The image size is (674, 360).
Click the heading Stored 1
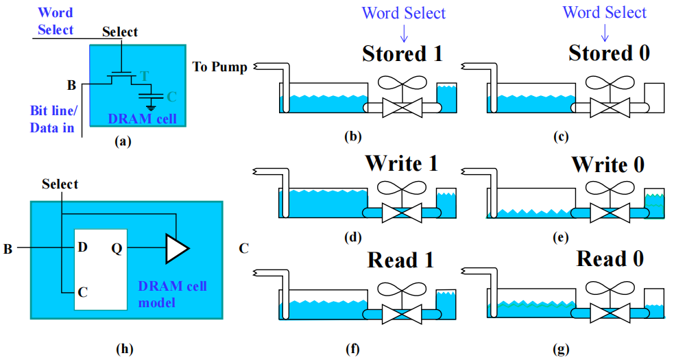click(402, 53)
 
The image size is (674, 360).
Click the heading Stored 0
click(609, 53)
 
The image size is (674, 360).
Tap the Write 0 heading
click(607, 165)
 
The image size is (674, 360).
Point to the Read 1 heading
click(402, 261)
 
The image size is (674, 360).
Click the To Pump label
click(219, 67)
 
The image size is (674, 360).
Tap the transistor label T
click(144, 75)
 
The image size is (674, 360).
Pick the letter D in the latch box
click(82, 245)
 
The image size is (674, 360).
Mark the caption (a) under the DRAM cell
click(121, 142)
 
